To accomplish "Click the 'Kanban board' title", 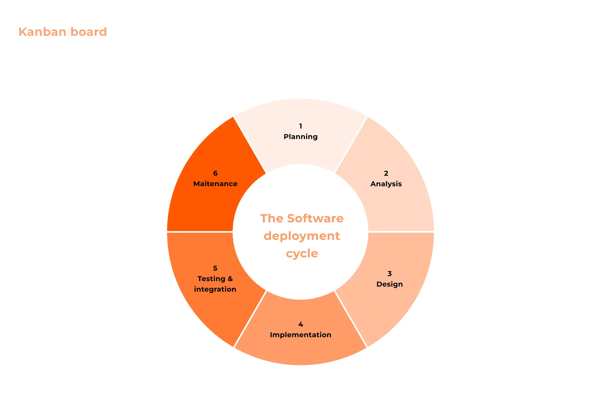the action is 62,32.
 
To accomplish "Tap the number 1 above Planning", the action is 300,126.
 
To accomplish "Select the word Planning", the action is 300,137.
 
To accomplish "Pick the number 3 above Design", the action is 389,274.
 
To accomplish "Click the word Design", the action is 389,284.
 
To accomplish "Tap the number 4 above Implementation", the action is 300,324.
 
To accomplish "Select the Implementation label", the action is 300,335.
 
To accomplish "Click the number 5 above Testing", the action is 215,268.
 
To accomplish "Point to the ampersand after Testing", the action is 230,279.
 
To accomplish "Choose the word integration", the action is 215,289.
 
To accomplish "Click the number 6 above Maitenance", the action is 215,173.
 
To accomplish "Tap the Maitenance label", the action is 215,184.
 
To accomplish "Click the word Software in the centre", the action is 315,218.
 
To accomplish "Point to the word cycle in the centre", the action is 302,254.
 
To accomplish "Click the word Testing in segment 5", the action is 211,279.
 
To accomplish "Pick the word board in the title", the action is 89,32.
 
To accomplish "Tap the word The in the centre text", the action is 272,218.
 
